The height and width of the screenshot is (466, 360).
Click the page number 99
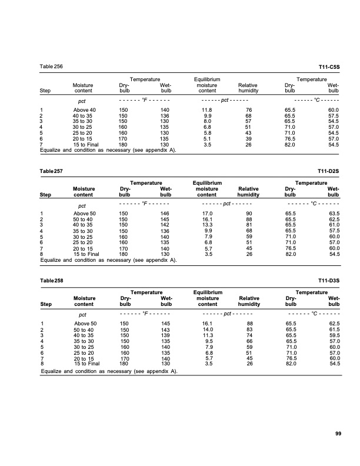(x=338, y=434)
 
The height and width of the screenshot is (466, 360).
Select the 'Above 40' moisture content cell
(x=84, y=110)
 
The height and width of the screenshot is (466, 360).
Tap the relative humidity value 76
(x=249, y=110)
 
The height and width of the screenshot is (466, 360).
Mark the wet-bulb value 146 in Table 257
(x=165, y=214)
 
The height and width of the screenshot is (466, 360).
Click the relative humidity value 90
(x=249, y=214)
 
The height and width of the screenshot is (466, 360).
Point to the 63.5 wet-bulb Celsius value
(x=334, y=214)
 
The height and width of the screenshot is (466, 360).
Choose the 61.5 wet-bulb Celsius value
(x=334, y=329)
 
